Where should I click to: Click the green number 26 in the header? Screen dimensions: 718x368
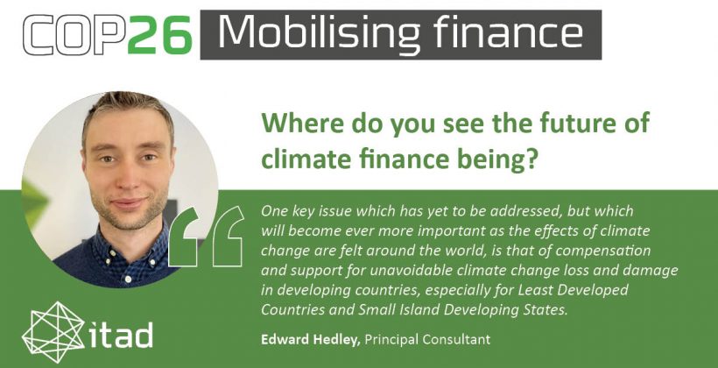[x=159, y=34]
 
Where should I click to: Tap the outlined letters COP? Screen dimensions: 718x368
[x=74, y=34]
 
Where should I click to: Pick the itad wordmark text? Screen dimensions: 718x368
[x=119, y=335]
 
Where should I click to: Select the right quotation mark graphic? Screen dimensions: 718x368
[x=228, y=236]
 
